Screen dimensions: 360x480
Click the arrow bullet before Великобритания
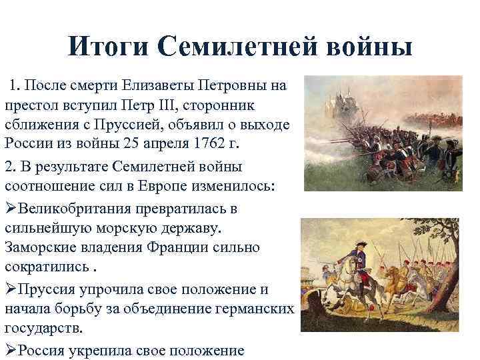click(x=11, y=208)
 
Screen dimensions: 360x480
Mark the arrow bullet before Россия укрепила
click(x=11, y=349)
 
